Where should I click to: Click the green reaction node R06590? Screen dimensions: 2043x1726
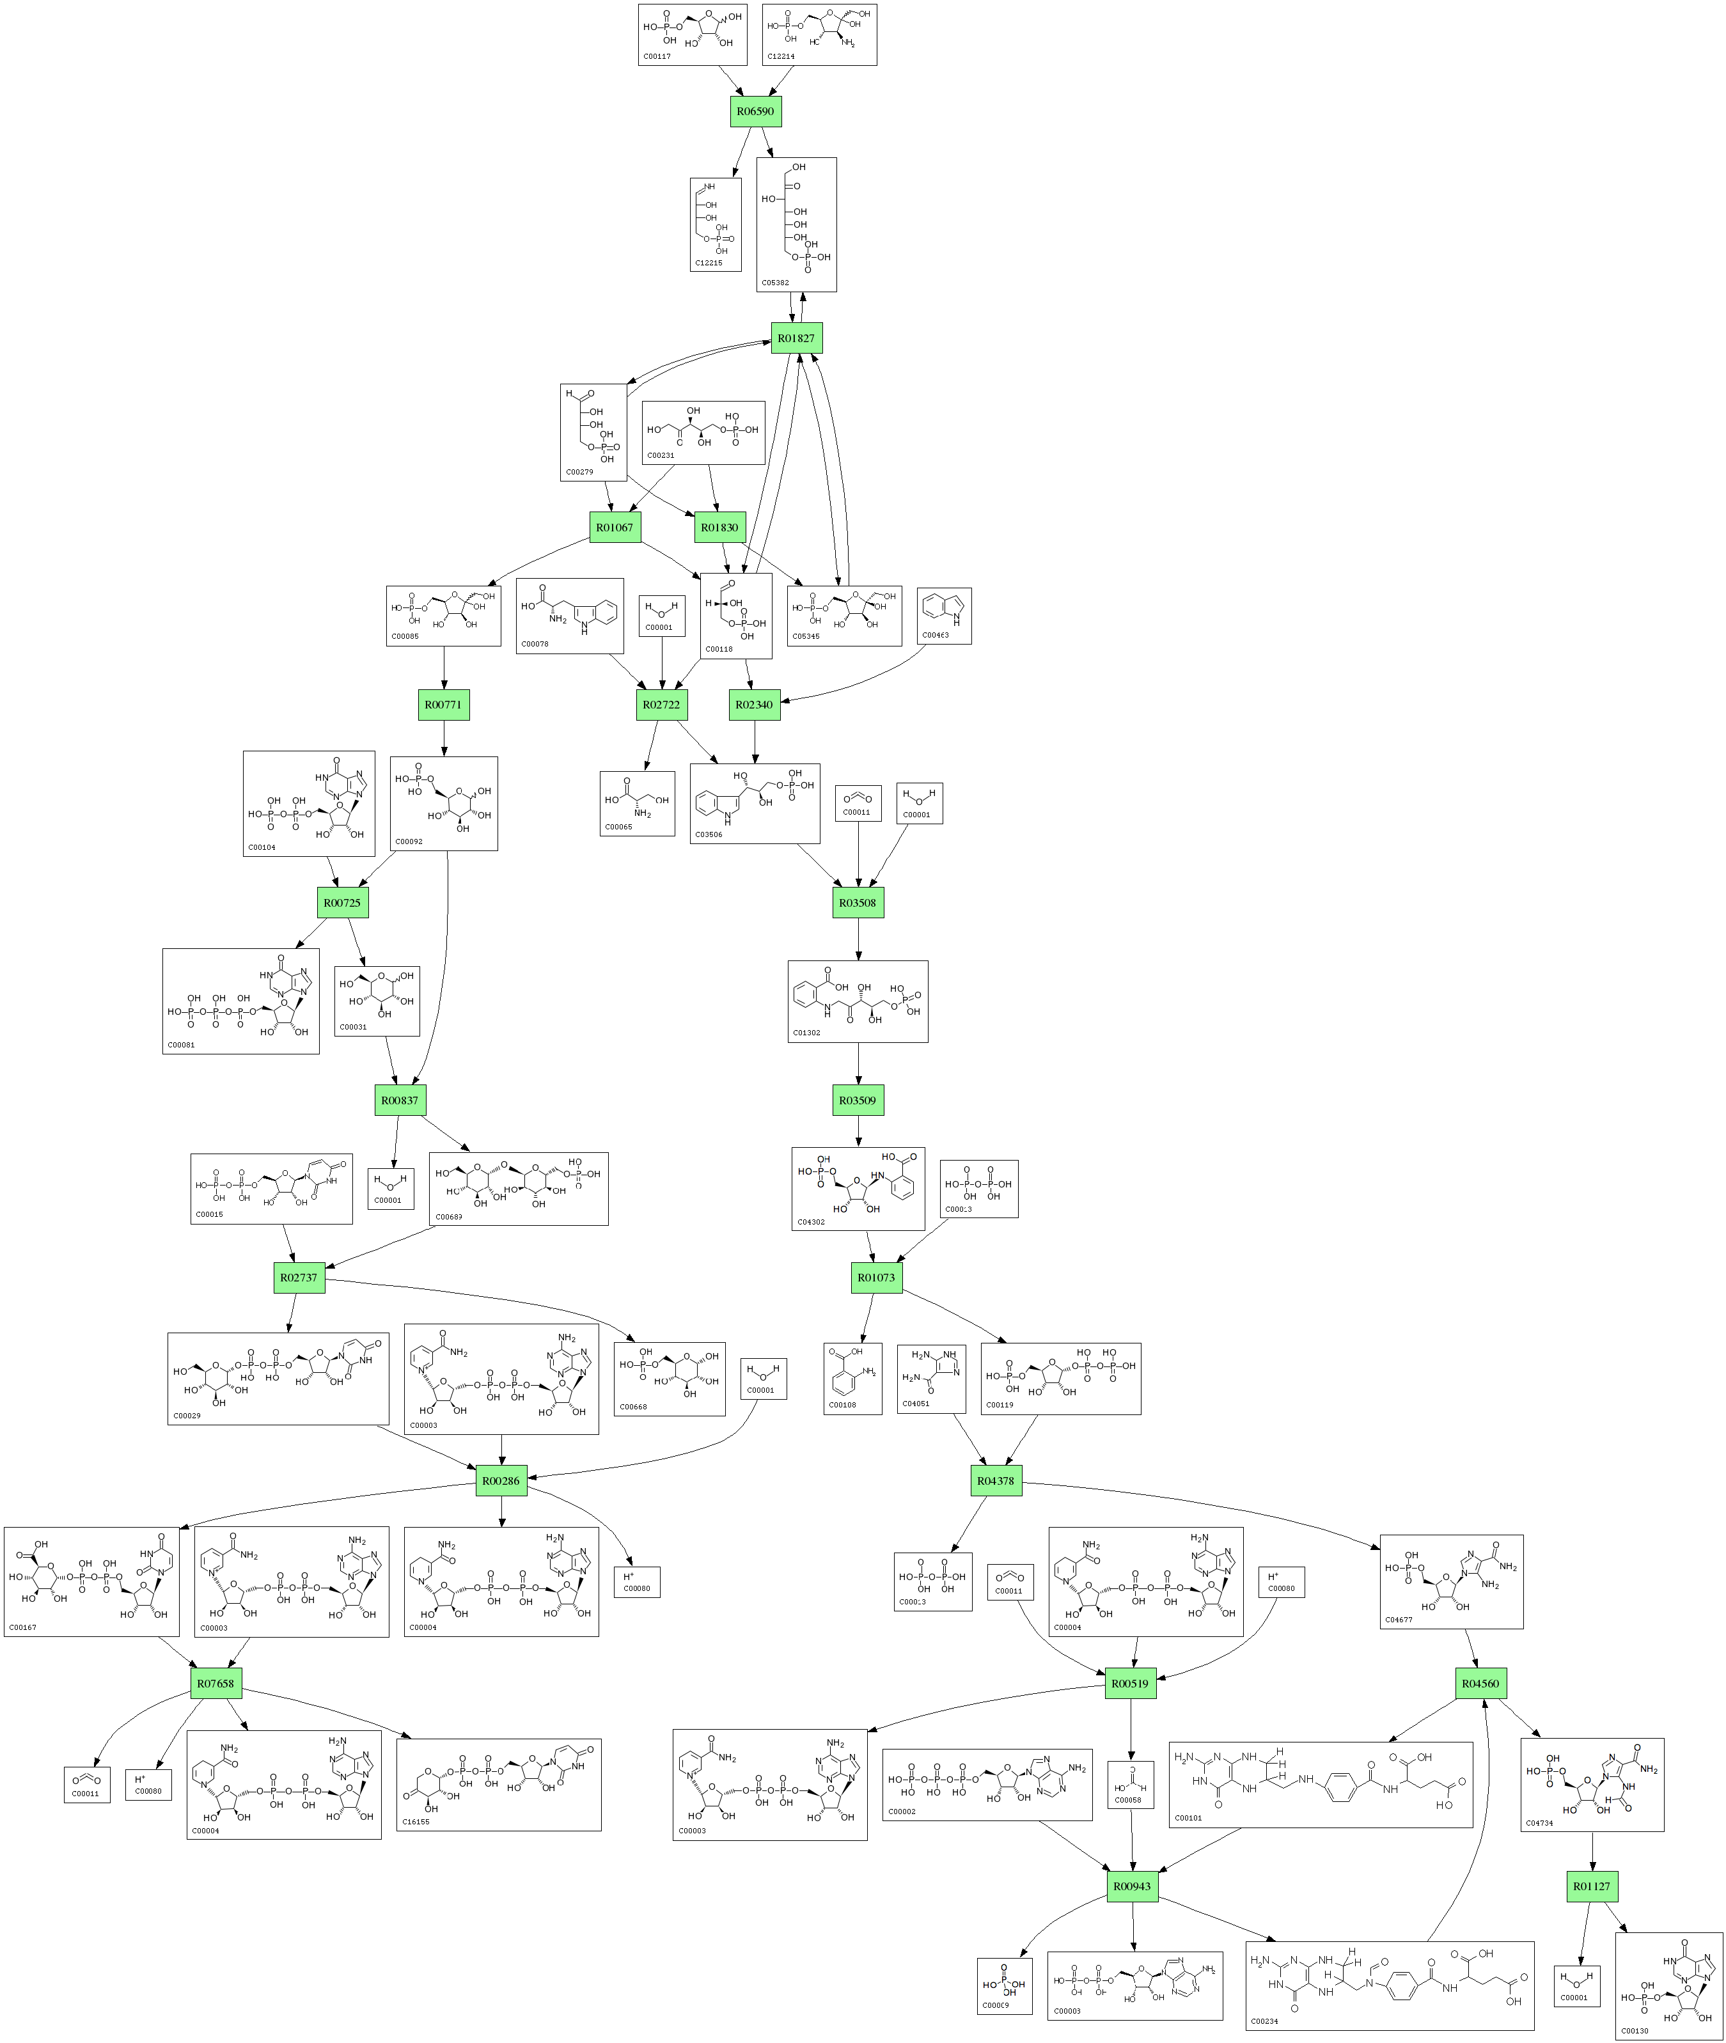[755, 111]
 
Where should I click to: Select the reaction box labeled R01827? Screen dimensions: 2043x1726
[796, 338]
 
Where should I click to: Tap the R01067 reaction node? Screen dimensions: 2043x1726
[615, 528]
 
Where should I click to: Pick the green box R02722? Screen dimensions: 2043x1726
[661, 705]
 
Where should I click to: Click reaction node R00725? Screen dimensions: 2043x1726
[343, 903]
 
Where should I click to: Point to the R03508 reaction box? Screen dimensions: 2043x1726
[858, 903]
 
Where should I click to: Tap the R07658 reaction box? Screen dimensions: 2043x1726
[216, 1684]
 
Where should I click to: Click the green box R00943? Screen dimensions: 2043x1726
[1132, 1886]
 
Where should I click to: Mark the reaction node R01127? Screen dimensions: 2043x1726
[1592, 1886]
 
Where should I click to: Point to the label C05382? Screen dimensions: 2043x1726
[775, 283]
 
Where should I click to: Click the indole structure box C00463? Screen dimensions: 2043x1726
[944, 615]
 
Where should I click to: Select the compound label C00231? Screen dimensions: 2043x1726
[661, 456]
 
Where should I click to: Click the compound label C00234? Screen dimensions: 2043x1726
[1264, 2021]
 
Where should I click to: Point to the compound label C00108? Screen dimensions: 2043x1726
[842, 1405]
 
